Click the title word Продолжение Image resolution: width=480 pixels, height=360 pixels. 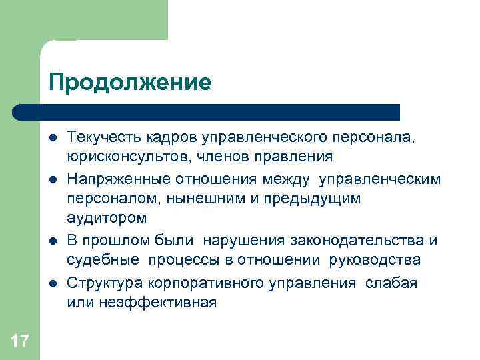(129, 83)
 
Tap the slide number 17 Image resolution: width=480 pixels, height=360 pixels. (20, 342)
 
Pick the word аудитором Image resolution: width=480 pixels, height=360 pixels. (106, 218)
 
